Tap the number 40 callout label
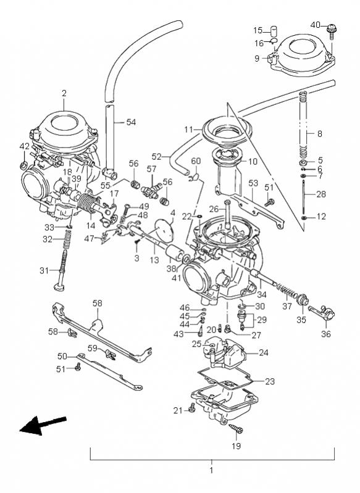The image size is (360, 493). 316,25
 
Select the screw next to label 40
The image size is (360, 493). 332,31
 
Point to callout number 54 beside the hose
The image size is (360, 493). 131,122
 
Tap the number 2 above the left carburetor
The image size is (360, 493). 64,93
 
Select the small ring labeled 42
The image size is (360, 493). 24,165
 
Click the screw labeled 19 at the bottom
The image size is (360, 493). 237,429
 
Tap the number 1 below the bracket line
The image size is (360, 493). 211,470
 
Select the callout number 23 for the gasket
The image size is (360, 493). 270,381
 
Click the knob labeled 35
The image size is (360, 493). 303,299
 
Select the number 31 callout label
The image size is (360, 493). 44,270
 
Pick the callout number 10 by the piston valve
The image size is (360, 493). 253,162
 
